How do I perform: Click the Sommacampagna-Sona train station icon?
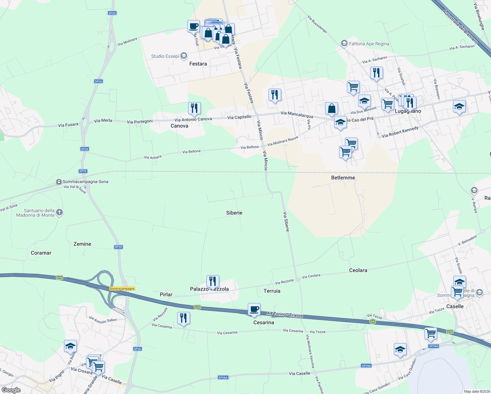point(59,182)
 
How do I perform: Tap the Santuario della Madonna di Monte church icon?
point(59,212)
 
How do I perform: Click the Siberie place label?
point(234,213)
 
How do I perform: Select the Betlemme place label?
point(343,178)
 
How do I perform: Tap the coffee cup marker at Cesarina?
point(254,309)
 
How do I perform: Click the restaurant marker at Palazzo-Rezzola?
point(213,281)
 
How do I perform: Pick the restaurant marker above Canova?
point(194,108)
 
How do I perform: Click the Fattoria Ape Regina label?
point(369,44)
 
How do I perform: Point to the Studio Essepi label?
point(165,56)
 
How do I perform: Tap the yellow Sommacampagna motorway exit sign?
point(122,289)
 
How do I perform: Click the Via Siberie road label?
point(286,222)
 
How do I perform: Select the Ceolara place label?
point(358,270)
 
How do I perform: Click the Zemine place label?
point(82,244)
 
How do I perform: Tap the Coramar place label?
point(41,253)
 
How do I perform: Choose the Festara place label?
point(198,64)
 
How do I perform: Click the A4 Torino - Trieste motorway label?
point(285,315)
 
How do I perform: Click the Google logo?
point(11,390)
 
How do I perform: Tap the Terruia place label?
point(272,291)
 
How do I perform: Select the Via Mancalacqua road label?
point(297,115)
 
